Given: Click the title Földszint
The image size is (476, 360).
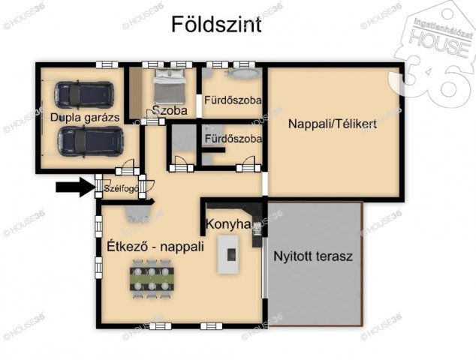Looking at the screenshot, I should point(216,25).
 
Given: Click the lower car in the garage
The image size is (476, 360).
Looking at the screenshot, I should point(91,139).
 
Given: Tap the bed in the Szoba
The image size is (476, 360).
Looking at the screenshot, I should point(171,88).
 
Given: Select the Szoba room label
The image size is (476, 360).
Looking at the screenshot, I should point(169,111).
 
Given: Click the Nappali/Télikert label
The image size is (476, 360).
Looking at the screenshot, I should point(332,124).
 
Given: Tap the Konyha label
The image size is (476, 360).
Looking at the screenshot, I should point(227,224).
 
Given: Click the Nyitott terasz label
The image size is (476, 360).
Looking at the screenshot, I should point(313,256).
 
